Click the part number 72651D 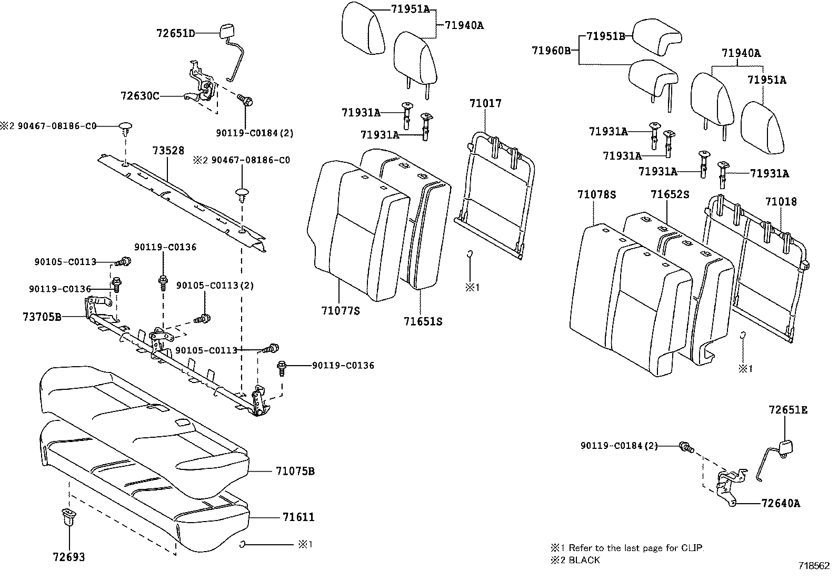175,33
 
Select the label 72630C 139,96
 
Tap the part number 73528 168,151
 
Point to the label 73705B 42,317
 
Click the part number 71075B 295,471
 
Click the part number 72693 68,557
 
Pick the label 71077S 340,311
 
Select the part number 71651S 423,321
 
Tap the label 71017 485,103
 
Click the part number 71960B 551,51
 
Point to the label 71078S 596,194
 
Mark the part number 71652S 670,194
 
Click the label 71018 781,202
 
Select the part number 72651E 788,410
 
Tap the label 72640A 781,503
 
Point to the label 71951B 605,36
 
